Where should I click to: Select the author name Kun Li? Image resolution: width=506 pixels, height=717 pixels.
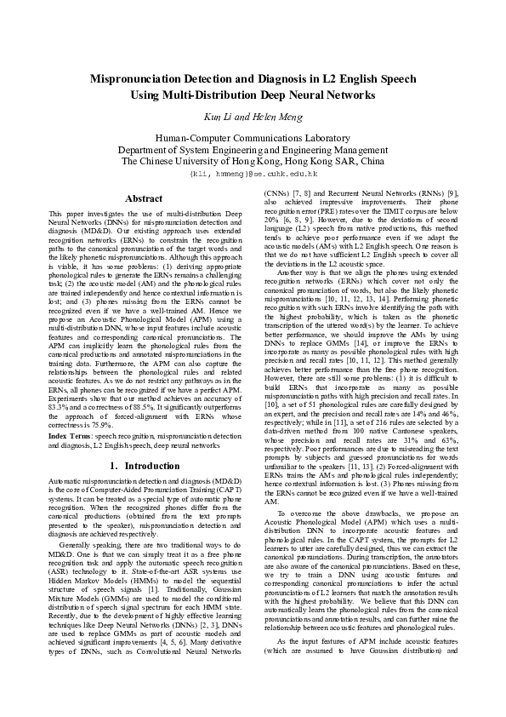tap(215, 116)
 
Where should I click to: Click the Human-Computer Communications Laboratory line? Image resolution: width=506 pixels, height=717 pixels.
tap(253, 138)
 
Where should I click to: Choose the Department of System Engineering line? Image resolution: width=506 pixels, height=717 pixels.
tap(253, 149)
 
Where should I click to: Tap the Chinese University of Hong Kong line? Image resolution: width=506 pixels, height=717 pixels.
tap(253, 160)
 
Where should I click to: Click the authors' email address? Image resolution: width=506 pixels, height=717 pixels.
tap(253, 172)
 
